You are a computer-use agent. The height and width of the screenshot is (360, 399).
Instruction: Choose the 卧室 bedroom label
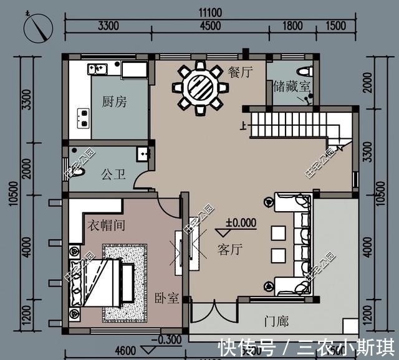[167, 298]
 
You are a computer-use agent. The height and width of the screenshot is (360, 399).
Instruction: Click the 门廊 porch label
[276, 321]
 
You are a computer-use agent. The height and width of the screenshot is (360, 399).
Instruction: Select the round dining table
[199, 88]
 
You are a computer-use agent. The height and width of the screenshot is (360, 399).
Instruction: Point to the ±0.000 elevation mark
[241, 222]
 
